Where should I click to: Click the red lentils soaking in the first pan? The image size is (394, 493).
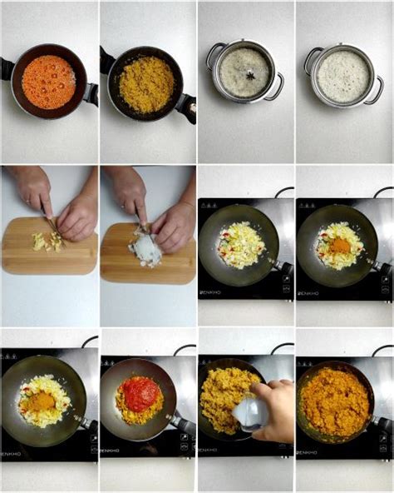(x=48, y=82)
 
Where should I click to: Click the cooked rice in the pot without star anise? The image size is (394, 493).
(x=343, y=77)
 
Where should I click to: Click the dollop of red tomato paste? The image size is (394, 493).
(x=140, y=393)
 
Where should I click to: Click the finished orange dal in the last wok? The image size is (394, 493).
(x=336, y=402)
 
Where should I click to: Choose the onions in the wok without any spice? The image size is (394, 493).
(x=241, y=244)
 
